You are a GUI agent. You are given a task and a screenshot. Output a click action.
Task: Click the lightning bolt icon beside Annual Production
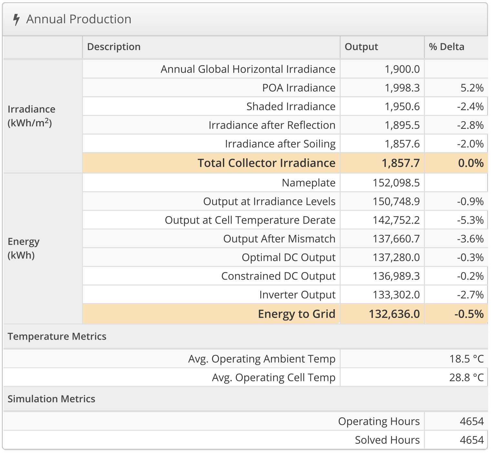tap(16, 19)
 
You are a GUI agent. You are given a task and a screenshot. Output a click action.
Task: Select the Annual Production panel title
tap(79, 19)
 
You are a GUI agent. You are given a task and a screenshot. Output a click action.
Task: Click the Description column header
tap(114, 47)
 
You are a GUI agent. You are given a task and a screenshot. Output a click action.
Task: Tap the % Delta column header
tap(446, 47)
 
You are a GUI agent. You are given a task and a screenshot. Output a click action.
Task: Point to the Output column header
tap(361, 47)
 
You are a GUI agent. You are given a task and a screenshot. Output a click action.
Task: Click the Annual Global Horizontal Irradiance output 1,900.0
tap(402, 69)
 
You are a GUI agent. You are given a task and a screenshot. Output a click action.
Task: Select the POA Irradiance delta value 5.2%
tap(472, 88)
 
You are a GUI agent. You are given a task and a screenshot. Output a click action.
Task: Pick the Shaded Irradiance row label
tap(291, 107)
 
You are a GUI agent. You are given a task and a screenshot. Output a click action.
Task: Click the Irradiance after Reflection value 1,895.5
tap(402, 125)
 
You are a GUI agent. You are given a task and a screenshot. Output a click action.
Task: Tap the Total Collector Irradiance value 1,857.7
tap(401, 163)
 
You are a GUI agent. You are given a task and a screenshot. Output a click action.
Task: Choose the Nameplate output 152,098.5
tap(396, 183)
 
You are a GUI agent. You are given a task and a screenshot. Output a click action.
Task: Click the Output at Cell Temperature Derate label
tap(250, 220)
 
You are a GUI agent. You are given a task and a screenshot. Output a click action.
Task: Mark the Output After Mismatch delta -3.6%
tap(470, 239)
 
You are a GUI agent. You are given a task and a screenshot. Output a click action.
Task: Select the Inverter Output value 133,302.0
tap(396, 295)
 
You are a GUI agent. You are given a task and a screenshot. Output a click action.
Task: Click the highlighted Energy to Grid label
tap(296, 314)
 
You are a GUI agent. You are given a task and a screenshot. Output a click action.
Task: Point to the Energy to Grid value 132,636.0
tap(394, 314)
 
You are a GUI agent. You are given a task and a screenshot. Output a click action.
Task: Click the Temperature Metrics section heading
tap(57, 337)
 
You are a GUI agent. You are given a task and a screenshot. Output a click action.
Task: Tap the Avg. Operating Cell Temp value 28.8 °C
tap(466, 378)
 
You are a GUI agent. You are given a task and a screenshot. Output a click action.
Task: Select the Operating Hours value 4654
tap(472, 422)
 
